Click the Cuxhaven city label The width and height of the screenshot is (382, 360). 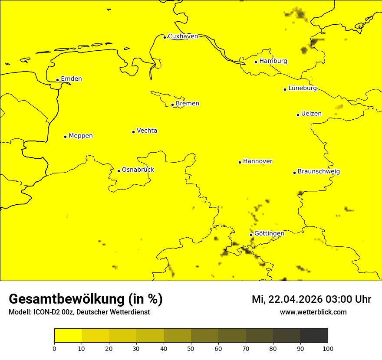tap(183, 36)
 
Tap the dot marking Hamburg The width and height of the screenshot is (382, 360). tap(256, 62)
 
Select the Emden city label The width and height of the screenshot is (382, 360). tap(71, 79)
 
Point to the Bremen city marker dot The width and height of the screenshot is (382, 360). tap(172, 105)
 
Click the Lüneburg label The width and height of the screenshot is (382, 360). tap(303, 88)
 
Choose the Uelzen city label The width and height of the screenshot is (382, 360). tap(311, 114)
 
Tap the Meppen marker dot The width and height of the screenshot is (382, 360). tap(65, 137)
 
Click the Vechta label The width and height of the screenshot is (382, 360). tap(147, 131)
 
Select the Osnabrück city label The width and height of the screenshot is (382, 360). tap(138, 170)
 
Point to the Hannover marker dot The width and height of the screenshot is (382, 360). tap(240, 162)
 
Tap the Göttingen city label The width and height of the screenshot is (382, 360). tap(269, 234)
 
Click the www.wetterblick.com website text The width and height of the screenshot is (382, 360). tap(313, 312)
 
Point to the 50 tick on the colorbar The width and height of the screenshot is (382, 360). tap(191, 348)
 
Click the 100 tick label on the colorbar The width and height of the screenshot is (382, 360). tap(328, 348)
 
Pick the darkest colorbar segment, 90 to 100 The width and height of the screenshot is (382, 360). tap(314, 336)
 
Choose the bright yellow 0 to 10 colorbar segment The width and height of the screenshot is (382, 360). tap(68, 336)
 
